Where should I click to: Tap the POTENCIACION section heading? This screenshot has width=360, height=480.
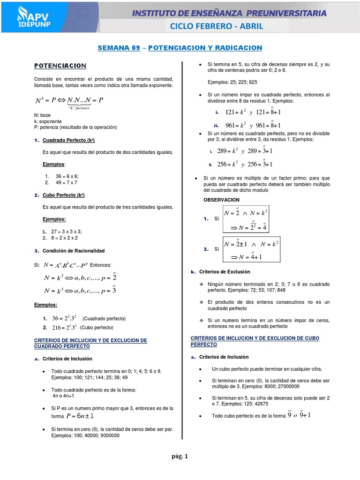click(x=60, y=66)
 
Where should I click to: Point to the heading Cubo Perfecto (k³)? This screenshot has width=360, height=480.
click(x=63, y=195)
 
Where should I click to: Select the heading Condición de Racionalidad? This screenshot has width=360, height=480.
click(x=74, y=251)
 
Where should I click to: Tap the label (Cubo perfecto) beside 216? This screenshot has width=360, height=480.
click(x=97, y=327)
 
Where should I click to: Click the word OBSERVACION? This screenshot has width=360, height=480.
click(x=221, y=200)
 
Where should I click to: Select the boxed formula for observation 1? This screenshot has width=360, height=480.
click(x=246, y=218)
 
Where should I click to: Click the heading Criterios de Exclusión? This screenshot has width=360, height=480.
click(x=225, y=272)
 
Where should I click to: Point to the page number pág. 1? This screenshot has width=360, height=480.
click(x=180, y=456)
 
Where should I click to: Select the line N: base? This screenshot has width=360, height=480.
click(x=43, y=115)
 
